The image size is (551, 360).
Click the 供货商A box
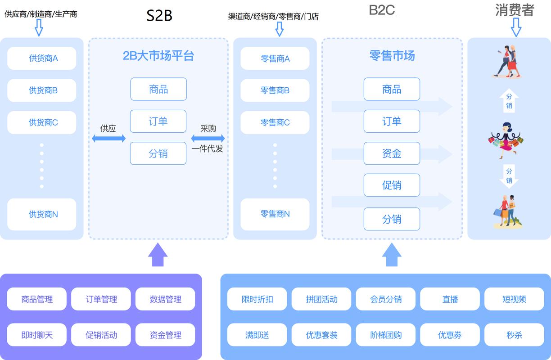click(x=42, y=58)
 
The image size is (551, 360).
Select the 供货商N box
click(x=42, y=215)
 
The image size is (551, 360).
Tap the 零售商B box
click(x=275, y=90)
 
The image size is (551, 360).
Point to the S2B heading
click(x=159, y=16)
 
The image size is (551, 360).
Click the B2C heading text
click(x=382, y=10)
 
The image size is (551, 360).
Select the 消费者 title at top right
click(x=514, y=10)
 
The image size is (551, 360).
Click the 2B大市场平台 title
click(x=158, y=56)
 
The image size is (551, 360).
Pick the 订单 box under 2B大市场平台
click(x=158, y=121)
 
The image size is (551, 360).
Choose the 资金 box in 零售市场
click(x=392, y=153)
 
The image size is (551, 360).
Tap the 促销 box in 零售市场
click(x=392, y=185)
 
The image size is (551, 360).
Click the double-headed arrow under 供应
click(x=108, y=139)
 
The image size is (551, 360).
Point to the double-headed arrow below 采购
click(x=208, y=139)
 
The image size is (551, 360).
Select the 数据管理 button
click(x=165, y=299)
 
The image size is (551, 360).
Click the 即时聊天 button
click(x=37, y=335)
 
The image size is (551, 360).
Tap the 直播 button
click(x=450, y=299)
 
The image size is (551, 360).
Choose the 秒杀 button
click(x=514, y=335)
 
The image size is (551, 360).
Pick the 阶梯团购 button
click(x=386, y=335)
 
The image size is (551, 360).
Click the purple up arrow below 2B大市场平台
click(x=158, y=255)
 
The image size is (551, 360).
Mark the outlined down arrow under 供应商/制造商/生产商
click(x=39, y=28)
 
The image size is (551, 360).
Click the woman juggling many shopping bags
click(x=507, y=140)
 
